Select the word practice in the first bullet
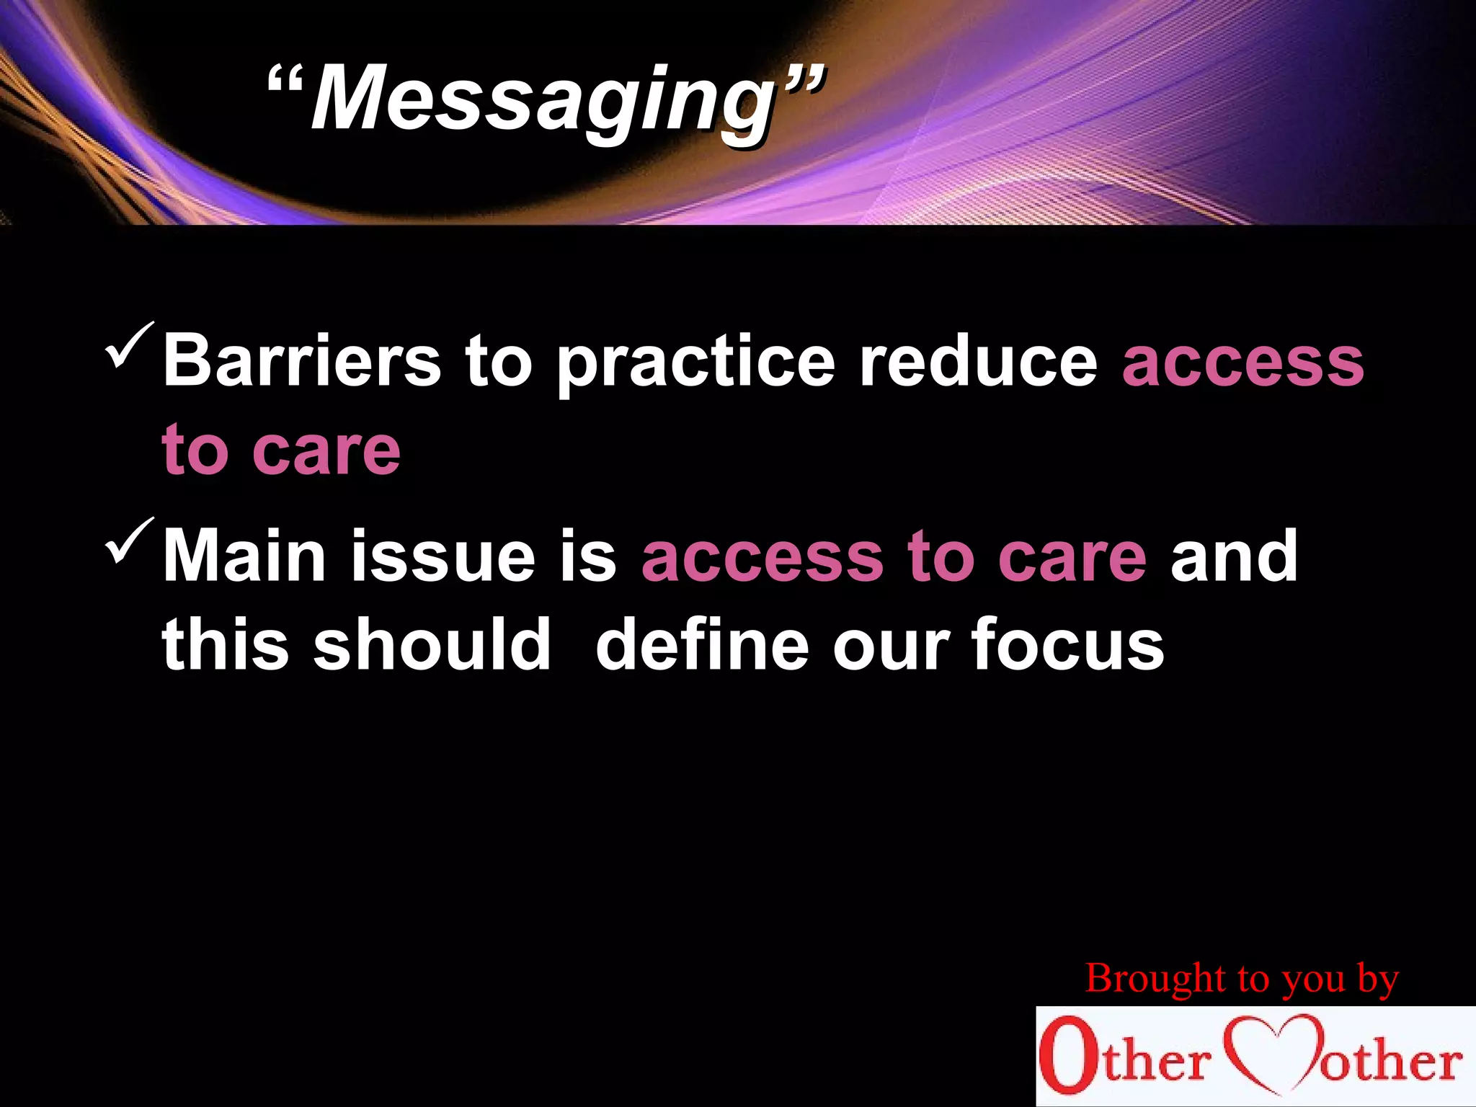click(695, 363)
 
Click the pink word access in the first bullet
click(1242, 363)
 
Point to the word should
click(432, 644)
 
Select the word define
click(703, 644)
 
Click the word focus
click(1067, 644)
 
